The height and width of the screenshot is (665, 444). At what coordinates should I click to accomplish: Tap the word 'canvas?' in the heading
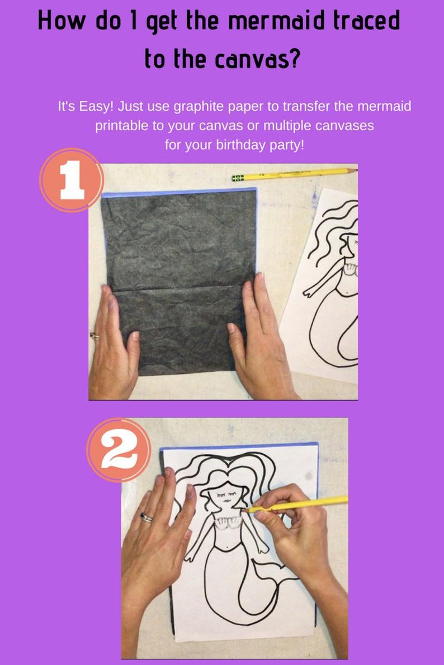click(x=257, y=59)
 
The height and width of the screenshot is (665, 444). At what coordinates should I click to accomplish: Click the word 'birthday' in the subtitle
click(x=240, y=145)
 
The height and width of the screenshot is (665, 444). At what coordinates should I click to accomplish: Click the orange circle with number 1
click(x=72, y=180)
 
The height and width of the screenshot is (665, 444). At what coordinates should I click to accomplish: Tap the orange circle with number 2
click(x=119, y=450)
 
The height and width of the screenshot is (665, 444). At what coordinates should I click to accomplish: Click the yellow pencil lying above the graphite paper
click(x=295, y=174)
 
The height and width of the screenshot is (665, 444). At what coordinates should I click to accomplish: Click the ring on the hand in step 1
click(x=95, y=336)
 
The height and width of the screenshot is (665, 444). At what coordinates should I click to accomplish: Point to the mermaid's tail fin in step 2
click(x=272, y=571)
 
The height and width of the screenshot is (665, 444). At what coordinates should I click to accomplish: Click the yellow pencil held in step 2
click(x=296, y=504)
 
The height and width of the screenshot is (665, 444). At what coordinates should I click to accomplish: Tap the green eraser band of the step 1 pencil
click(x=238, y=178)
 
